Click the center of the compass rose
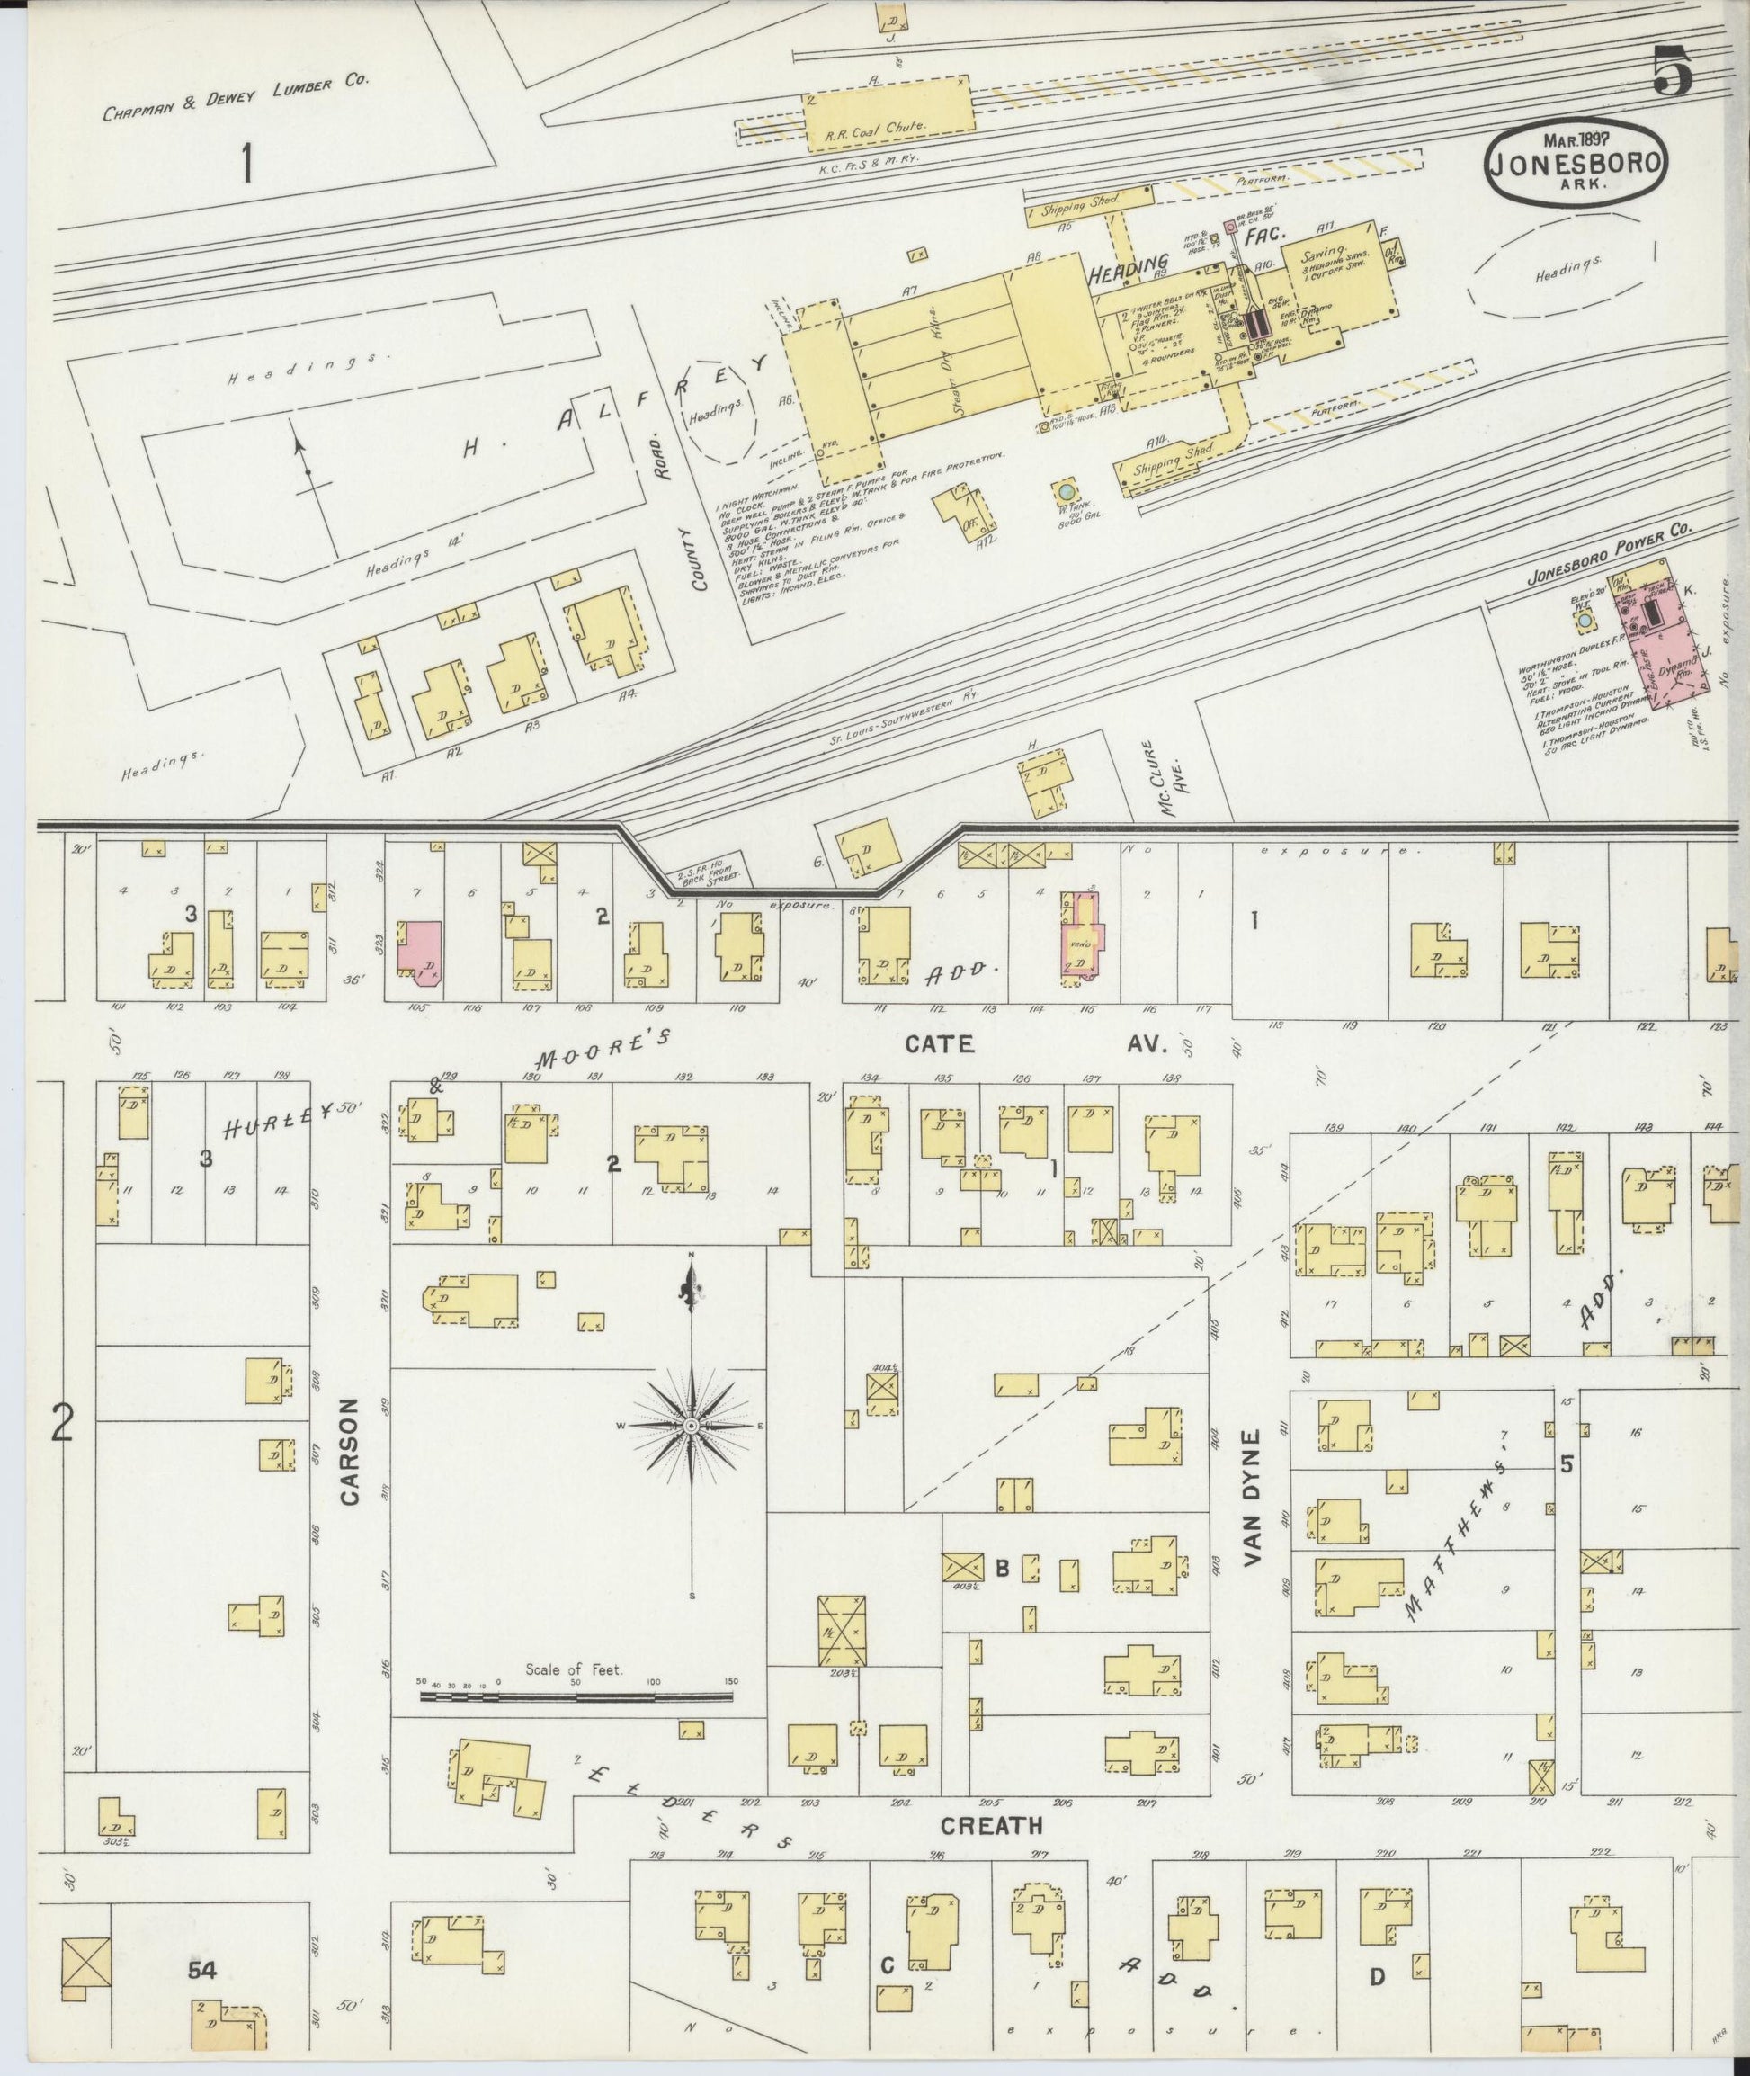[692, 1426]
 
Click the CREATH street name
[991, 1825]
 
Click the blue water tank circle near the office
[1066, 491]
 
